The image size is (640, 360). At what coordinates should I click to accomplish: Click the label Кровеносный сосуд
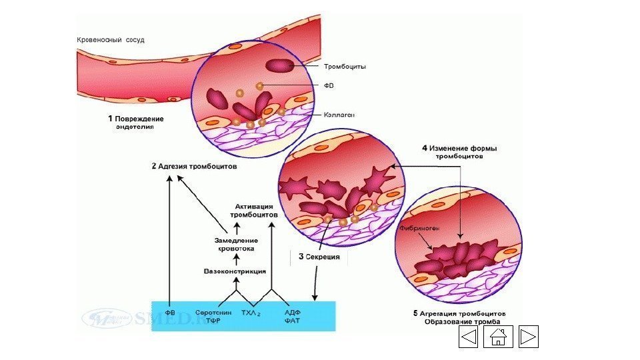point(111,40)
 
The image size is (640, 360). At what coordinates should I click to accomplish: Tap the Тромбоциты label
point(345,67)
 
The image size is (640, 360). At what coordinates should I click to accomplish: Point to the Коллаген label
point(340,115)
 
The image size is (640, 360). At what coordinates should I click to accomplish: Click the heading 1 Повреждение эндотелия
point(136,123)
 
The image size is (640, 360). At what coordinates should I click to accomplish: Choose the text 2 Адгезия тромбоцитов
point(194,166)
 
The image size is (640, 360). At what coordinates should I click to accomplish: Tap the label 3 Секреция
point(319,256)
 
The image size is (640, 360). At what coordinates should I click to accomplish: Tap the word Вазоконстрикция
point(235,271)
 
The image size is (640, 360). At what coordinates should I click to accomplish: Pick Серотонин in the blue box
point(213,311)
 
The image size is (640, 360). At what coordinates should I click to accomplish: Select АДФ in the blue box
point(292,311)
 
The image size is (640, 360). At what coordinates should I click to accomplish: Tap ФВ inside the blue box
point(170,311)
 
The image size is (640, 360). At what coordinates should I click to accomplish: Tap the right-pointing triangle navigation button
point(528,337)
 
